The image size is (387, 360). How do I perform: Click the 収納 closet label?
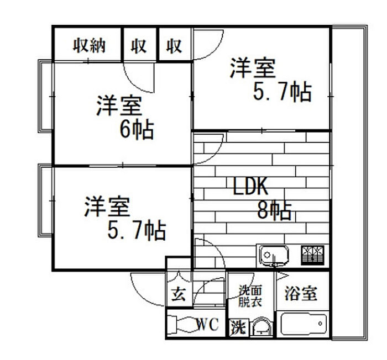tap(89, 45)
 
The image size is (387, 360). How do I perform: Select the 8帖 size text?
tap(274, 210)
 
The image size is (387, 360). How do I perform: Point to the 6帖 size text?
tap(137, 130)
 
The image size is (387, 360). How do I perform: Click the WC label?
tap(207, 324)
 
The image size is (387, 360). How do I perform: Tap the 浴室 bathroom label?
tap(301, 293)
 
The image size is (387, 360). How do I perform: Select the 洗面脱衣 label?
tap(250, 296)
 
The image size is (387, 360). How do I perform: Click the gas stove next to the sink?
tap(312, 255)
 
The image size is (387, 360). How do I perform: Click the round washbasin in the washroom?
tap(261, 327)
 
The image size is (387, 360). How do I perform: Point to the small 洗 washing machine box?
tap(238, 327)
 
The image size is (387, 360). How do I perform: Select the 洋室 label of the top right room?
tap(252, 68)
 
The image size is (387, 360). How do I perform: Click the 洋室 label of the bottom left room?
tap(107, 207)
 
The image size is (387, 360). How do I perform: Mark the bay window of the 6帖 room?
tap(46, 96)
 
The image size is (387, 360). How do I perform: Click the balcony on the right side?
tap(349, 182)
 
